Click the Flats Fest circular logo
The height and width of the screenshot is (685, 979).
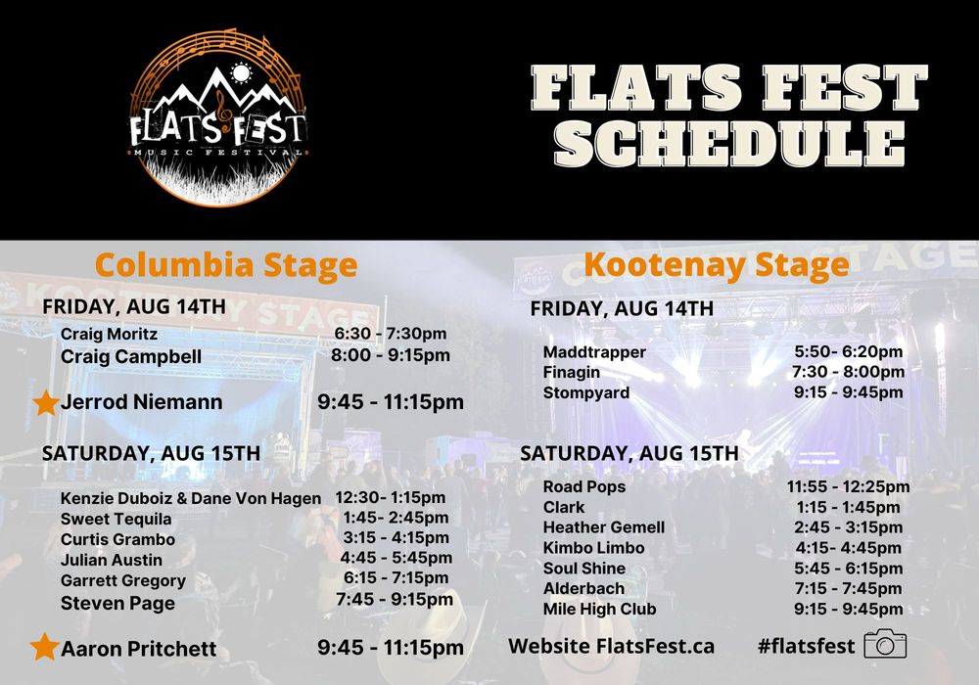click(218, 117)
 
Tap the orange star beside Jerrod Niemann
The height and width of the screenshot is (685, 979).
click(46, 402)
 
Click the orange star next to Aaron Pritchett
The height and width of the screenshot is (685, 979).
click(44, 647)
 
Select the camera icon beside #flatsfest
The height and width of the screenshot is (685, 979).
click(885, 644)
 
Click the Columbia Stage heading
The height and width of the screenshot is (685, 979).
click(226, 264)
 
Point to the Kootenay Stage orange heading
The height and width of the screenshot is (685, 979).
click(717, 264)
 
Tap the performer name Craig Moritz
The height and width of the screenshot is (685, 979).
click(109, 334)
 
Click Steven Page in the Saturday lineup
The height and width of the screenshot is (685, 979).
click(117, 603)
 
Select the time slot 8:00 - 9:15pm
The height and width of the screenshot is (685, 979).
click(391, 355)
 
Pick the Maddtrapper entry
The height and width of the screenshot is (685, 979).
click(594, 352)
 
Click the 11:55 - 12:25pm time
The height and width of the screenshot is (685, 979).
click(848, 486)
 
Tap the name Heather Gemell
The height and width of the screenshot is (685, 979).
click(604, 527)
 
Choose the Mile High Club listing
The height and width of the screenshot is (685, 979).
click(599, 609)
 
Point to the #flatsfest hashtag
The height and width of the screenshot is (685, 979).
click(806, 646)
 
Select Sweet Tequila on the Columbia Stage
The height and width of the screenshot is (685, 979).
click(116, 519)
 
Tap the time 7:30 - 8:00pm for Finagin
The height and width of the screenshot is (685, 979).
click(848, 372)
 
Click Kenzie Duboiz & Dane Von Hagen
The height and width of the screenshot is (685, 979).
click(191, 498)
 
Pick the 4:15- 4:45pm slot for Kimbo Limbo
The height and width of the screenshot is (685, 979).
click(848, 548)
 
